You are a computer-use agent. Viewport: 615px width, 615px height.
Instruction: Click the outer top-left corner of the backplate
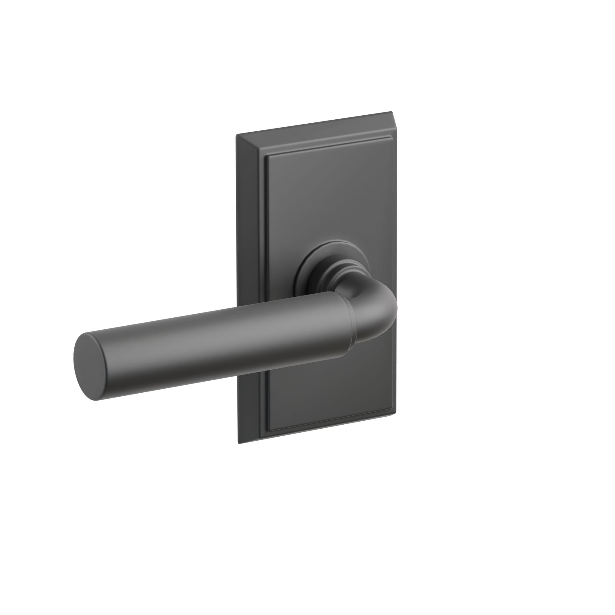pos(236,135)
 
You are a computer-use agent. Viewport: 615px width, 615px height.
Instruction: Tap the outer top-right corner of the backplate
pos(391,112)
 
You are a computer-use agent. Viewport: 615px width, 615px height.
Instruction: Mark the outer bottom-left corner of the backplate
pos(238,443)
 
